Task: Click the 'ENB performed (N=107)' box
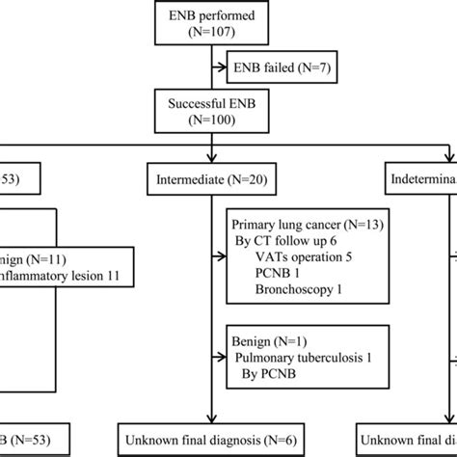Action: (x=210, y=21)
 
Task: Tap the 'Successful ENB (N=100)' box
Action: (x=210, y=112)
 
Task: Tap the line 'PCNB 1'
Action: (x=266, y=281)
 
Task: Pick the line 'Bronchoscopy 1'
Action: (x=287, y=298)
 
